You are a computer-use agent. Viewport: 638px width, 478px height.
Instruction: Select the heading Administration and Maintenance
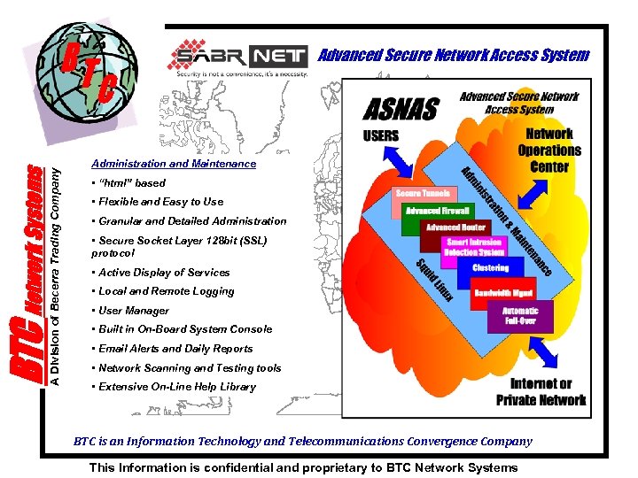[x=174, y=164]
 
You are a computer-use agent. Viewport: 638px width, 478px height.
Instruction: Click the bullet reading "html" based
[x=129, y=183]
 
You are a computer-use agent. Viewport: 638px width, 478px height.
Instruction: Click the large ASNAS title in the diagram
[x=401, y=109]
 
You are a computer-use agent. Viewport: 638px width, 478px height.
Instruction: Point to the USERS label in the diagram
[x=381, y=136]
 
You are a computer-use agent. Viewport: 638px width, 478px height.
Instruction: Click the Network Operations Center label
[x=549, y=150]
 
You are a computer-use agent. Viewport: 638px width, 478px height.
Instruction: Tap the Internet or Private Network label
[x=541, y=392]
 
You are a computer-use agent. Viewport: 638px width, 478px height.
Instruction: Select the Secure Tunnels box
[x=423, y=193]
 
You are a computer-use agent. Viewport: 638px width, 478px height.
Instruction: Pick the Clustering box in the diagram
[x=490, y=267]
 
